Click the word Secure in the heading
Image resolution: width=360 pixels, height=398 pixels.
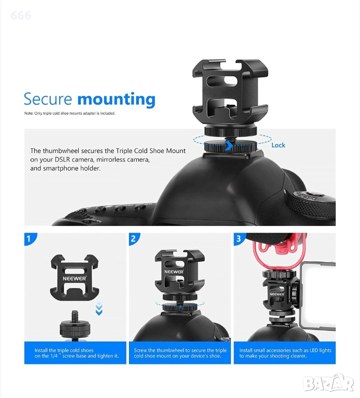click(x=48, y=99)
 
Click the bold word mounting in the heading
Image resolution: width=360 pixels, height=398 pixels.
click(x=117, y=99)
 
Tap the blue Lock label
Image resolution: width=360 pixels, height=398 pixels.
click(x=278, y=145)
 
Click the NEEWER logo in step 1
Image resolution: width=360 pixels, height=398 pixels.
click(x=75, y=278)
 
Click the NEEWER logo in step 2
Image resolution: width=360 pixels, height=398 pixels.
click(x=174, y=272)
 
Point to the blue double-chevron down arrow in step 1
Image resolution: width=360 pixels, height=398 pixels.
click(x=99, y=309)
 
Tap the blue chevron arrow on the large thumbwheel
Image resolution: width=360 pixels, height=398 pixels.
click(x=229, y=146)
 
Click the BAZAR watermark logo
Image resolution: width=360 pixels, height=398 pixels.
click(x=328, y=383)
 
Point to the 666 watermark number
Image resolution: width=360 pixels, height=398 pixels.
click(x=21, y=16)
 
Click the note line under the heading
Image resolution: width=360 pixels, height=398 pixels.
click(x=70, y=113)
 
